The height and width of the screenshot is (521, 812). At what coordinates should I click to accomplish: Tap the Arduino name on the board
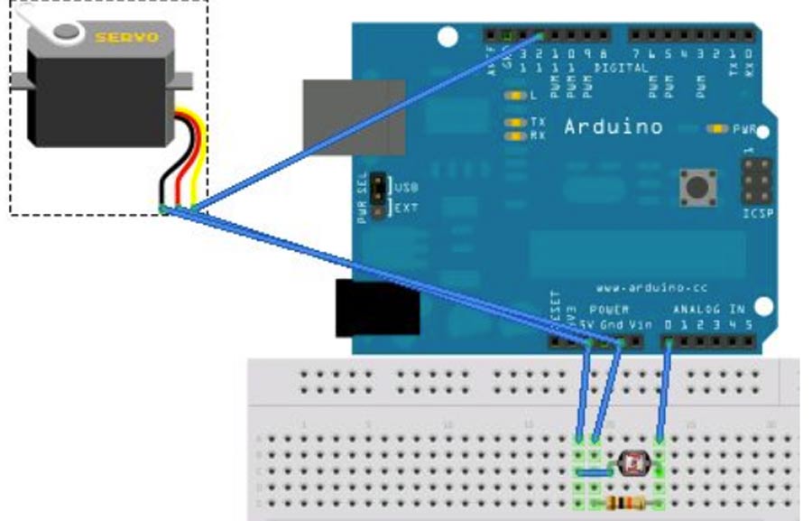tap(614, 126)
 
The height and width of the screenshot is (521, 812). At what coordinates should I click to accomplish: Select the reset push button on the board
tap(697, 188)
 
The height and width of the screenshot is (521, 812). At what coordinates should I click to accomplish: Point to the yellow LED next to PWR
tap(718, 129)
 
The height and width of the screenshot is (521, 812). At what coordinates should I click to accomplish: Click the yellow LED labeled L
tap(516, 95)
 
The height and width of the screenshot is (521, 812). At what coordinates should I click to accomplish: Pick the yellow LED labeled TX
tap(516, 121)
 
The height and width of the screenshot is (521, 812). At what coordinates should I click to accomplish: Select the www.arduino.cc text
tap(640, 288)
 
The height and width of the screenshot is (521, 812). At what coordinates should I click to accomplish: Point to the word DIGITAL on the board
tap(622, 68)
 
